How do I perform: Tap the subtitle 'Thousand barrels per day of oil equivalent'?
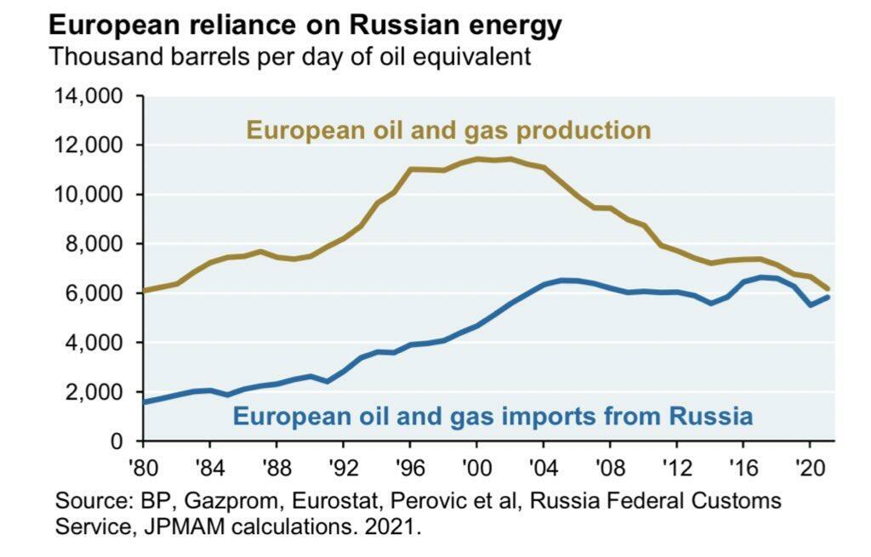[x=290, y=57]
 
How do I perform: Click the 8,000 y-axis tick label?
[x=93, y=244]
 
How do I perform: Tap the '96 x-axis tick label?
[x=409, y=465]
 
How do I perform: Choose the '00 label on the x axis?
[x=476, y=465]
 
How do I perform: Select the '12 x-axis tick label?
[x=676, y=465]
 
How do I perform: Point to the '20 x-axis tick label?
[x=810, y=465]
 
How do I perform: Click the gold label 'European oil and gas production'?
[x=448, y=130]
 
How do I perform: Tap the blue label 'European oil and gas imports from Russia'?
[x=492, y=416]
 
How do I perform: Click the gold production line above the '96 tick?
[x=410, y=169]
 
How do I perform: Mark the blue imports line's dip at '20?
[x=810, y=304]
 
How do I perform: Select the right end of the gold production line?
[x=827, y=289]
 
